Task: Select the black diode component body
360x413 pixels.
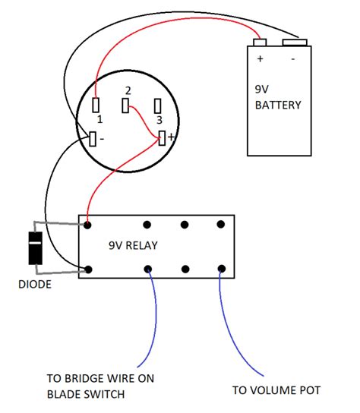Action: click(x=35, y=248)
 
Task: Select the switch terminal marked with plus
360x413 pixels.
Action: click(x=163, y=137)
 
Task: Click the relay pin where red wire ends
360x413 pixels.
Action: click(x=89, y=225)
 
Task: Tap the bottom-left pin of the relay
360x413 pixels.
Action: click(x=89, y=270)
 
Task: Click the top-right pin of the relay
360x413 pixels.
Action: click(x=221, y=225)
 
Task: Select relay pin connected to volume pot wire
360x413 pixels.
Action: click(x=221, y=270)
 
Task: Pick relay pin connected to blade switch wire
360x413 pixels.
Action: click(x=149, y=270)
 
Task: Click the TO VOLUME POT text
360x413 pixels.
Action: click(x=275, y=390)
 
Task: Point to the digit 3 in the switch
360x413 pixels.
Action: click(x=159, y=120)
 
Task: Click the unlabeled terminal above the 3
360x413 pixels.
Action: click(x=157, y=105)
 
